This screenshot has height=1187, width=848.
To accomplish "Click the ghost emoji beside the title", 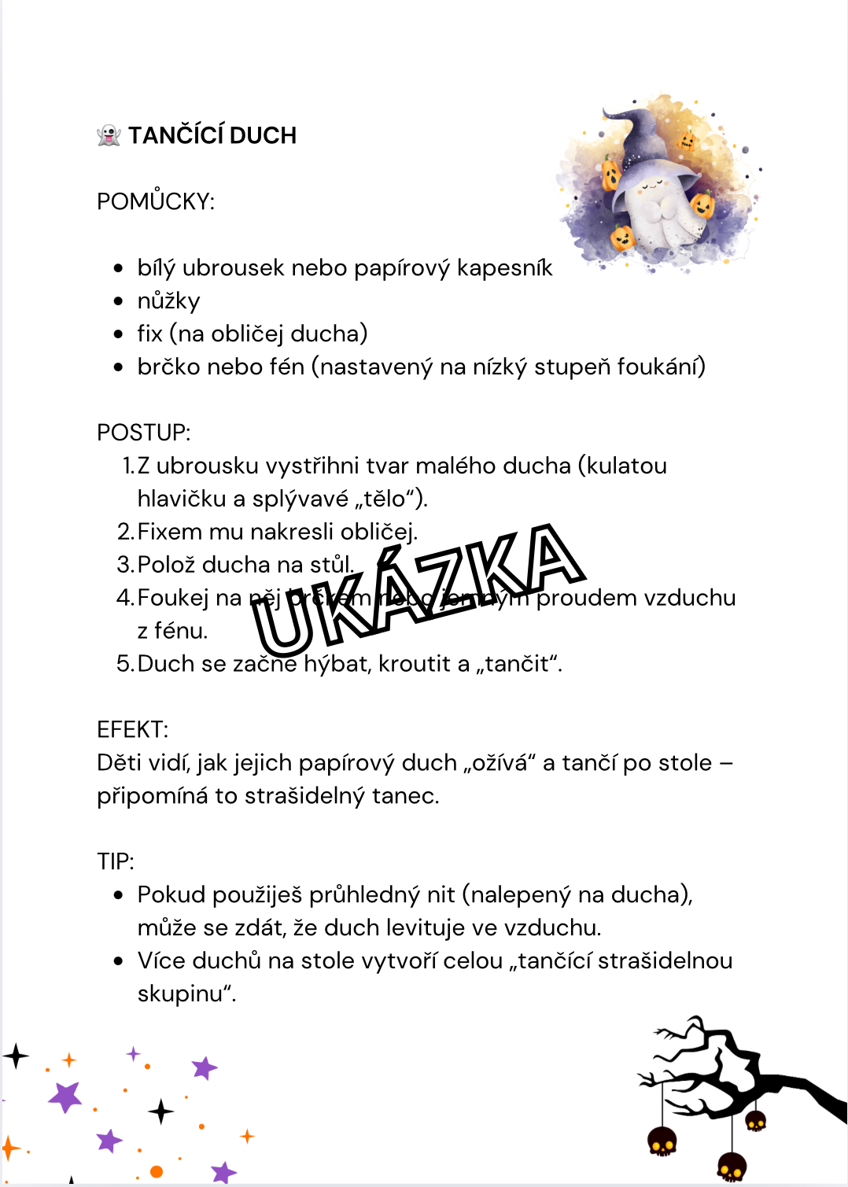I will pos(109,135).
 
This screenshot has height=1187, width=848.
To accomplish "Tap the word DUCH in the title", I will pos(264,135).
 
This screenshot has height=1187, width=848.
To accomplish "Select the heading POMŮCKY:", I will pos(156,201).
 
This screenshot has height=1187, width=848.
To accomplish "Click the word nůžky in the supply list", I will pos(168,301).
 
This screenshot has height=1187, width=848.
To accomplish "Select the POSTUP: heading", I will pos(144,433).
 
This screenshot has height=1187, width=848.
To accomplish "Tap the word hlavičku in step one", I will pos(176,499).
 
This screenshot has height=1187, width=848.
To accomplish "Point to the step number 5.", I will pos(124,664).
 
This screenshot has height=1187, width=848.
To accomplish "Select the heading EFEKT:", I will pos(133,730).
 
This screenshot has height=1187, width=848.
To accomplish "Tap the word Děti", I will pos(120,763).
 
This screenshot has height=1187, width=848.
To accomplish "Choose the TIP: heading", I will pos(116,862).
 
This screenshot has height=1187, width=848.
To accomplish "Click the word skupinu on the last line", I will pos(183,994).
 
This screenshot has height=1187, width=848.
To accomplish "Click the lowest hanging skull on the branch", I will pos(732,1166).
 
